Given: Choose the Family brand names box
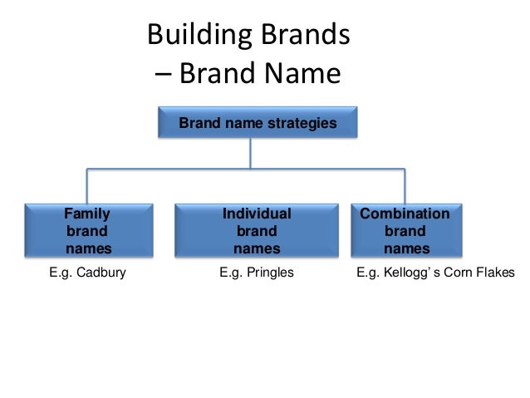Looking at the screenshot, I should click(x=88, y=229).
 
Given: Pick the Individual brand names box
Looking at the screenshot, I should click(x=257, y=229).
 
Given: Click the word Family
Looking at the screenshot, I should click(x=88, y=214).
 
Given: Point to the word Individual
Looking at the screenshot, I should click(x=257, y=214).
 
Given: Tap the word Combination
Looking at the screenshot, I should click(x=406, y=214).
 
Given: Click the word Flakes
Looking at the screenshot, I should click(x=496, y=272).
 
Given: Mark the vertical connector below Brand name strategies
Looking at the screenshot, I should click(x=252, y=154).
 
